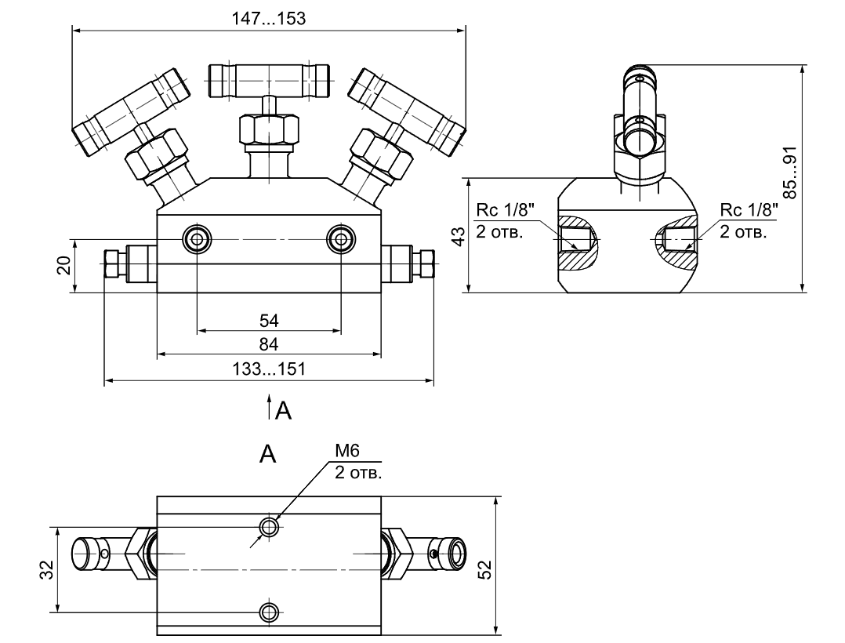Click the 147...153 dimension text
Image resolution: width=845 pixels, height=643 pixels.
(268, 18)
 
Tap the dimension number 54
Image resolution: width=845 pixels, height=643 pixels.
(268, 320)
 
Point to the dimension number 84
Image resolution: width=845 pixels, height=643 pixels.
(268, 344)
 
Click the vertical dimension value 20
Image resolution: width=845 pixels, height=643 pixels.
(64, 265)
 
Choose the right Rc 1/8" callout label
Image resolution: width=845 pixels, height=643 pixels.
(749, 210)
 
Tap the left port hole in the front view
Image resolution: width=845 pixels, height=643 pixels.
(195, 239)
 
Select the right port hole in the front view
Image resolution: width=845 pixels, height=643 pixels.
(341, 239)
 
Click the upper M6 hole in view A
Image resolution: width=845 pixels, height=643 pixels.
(270, 526)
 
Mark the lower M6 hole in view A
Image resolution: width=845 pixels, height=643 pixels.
(270, 611)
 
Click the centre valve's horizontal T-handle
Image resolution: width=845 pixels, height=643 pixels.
(268, 79)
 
